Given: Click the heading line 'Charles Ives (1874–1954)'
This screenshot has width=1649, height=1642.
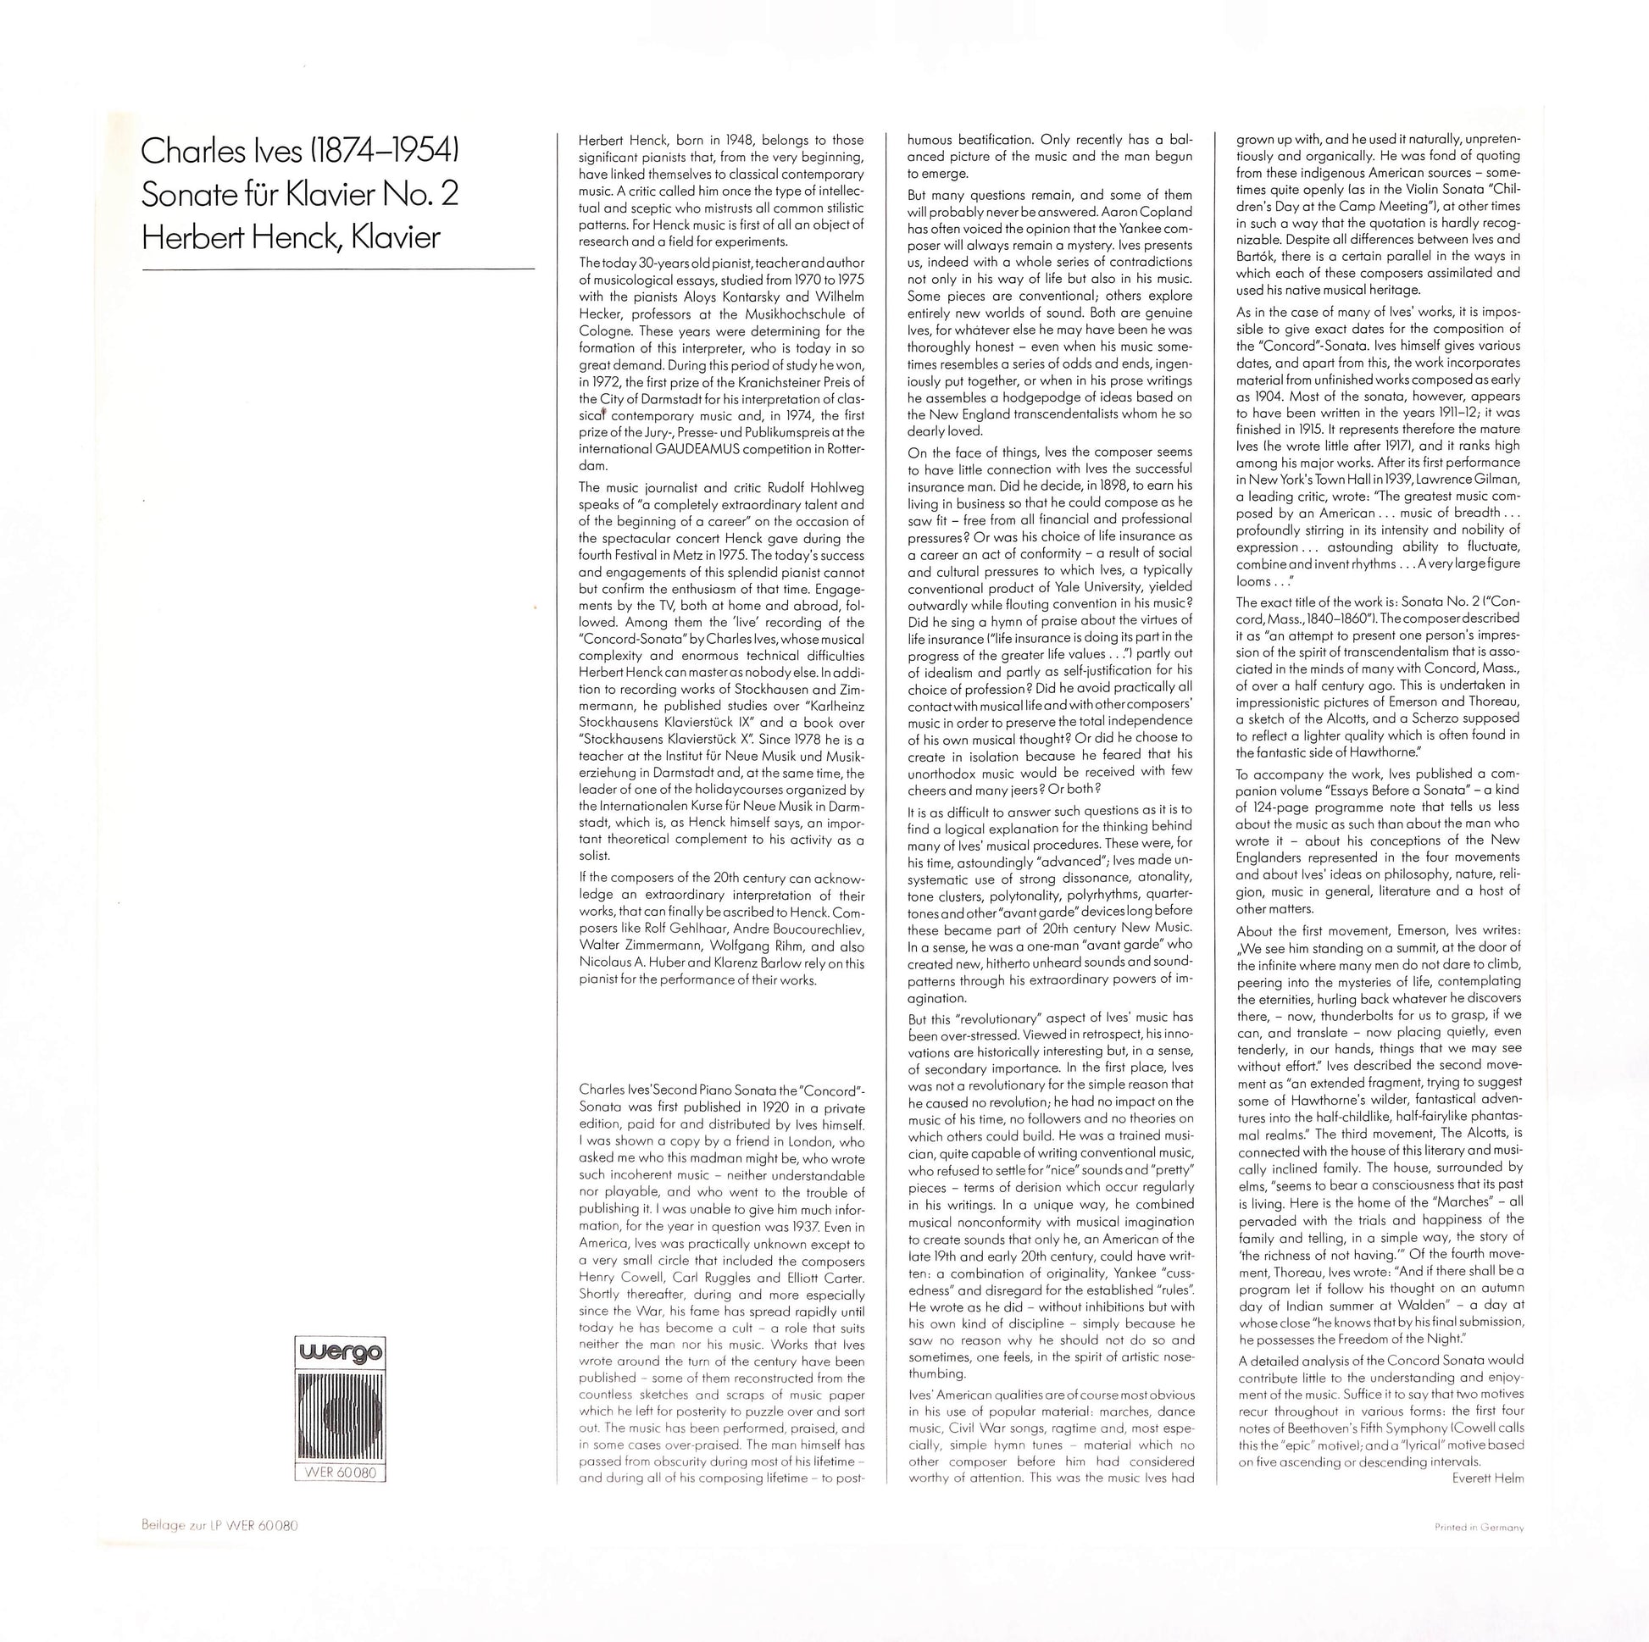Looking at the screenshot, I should point(301,151).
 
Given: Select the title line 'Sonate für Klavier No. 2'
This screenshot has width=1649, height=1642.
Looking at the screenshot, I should point(300,195).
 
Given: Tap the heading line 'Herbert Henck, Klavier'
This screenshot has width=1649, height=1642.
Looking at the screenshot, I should point(290,237).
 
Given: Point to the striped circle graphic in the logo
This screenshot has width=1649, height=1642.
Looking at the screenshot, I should point(340,1415).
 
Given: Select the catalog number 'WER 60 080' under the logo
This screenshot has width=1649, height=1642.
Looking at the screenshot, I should point(340,1473).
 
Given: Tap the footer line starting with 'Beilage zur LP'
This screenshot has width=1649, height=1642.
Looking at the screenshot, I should point(219,1526).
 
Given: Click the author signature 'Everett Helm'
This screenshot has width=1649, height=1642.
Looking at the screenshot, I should point(1488,1479).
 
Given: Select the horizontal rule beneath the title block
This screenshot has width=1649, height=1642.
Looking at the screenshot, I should point(338,269).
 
